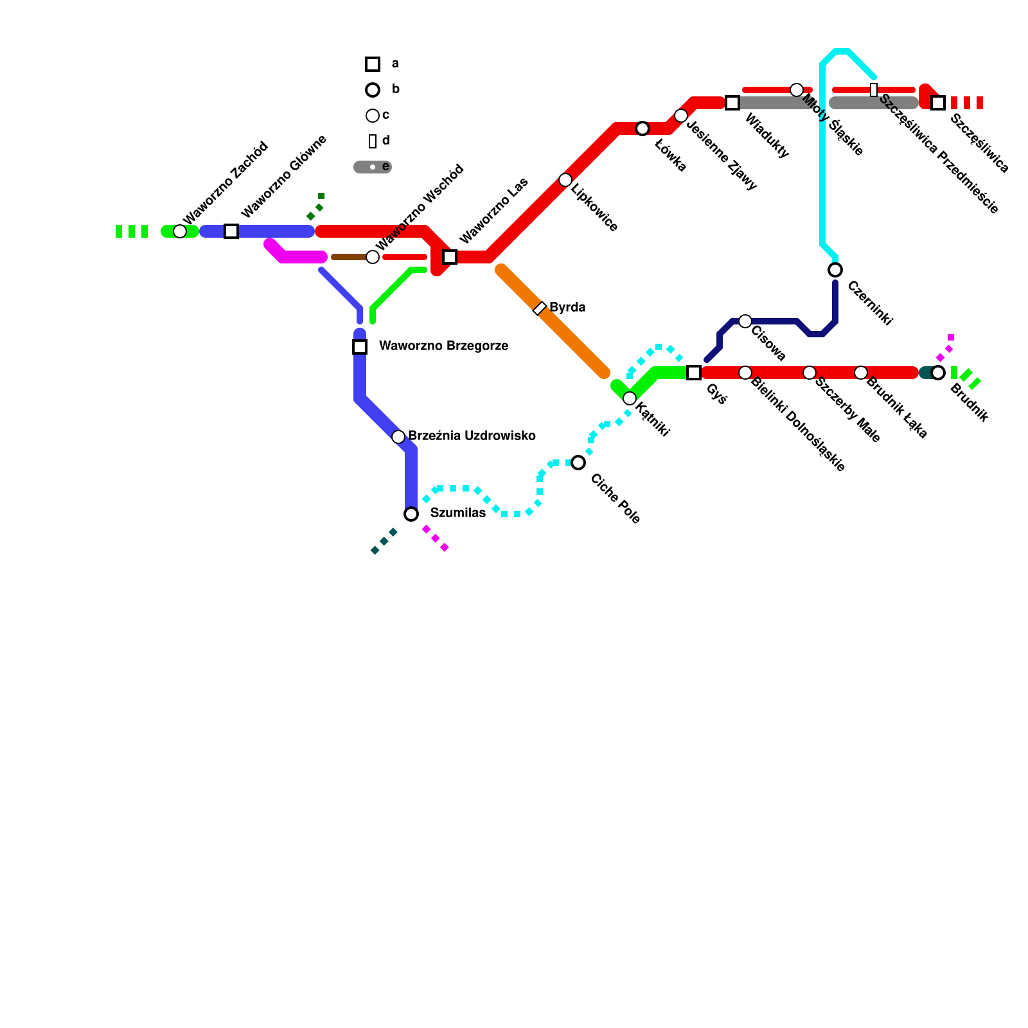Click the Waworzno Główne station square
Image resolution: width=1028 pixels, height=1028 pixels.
[x=231, y=231]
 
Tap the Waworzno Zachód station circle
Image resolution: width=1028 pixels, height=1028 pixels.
[x=180, y=231]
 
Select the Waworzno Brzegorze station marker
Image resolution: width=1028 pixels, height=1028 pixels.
[x=360, y=347]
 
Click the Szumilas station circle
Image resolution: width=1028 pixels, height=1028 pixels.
[x=411, y=514]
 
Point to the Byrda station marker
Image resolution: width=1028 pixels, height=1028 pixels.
[x=540, y=308]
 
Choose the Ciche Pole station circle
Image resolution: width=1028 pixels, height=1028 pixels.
[x=578, y=463]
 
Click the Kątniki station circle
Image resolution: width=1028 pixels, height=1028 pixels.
[x=630, y=398]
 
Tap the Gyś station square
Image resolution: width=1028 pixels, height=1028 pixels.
[x=694, y=373]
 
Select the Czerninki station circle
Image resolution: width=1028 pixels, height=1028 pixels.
[x=835, y=270]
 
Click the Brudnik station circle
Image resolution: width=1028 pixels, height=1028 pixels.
[x=938, y=373]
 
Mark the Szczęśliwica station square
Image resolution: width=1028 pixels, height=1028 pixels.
[x=938, y=103]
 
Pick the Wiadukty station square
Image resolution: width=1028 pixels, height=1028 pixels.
[x=732, y=103]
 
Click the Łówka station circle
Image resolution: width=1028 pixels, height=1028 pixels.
[x=642, y=128]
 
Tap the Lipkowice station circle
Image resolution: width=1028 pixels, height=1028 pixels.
[x=565, y=180]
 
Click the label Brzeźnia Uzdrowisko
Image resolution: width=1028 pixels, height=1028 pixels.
[x=472, y=436]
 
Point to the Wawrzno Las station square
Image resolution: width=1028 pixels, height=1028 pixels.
[x=450, y=257]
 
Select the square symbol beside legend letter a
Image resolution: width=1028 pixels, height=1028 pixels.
[x=373, y=64]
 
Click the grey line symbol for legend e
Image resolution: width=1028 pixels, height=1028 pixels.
[x=373, y=167]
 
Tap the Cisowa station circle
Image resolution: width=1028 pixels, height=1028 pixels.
[x=745, y=321]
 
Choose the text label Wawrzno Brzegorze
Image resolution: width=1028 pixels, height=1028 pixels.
[x=443, y=346]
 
